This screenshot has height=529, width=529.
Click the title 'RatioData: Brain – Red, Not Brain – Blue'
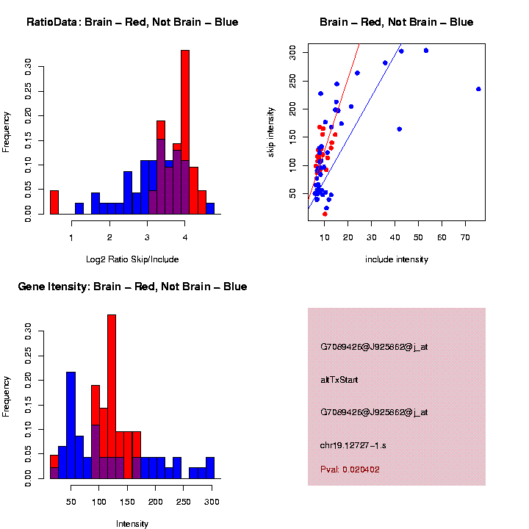click(132, 23)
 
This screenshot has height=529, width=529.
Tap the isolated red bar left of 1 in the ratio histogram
click(54, 201)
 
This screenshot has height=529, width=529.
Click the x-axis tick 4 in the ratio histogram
click(185, 237)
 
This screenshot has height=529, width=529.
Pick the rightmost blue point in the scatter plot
click(478, 89)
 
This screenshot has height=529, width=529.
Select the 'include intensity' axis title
click(397, 259)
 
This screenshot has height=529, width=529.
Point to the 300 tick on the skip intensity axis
click(292, 51)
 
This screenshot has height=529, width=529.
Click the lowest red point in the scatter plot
click(325, 214)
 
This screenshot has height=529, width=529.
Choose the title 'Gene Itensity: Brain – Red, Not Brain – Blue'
click(132, 287)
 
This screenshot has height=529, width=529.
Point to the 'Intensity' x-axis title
click(132, 524)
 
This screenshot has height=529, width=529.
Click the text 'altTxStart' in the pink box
click(339, 380)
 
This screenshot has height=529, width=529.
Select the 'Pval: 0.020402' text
click(350, 469)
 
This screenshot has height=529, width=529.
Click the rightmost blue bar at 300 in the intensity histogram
click(210, 467)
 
